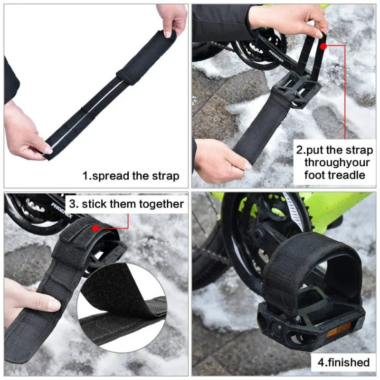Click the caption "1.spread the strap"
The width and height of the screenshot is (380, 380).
coord(131,176)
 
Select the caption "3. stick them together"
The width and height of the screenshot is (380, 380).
coord(126,204)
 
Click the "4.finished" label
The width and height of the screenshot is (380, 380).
coord(343,362)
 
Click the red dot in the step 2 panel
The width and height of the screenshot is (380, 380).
coord(323,47)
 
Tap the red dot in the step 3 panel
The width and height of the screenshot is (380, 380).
coord(95,228)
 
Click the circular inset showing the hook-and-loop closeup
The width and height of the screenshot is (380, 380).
coord(122,306)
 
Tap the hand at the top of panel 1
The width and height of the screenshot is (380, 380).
coord(171,19)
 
